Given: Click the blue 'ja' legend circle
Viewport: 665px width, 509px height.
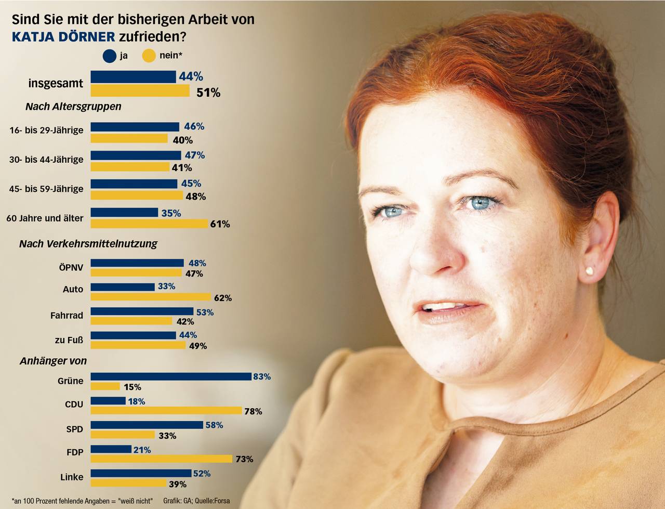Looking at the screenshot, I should pyautogui.click(x=109, y=56).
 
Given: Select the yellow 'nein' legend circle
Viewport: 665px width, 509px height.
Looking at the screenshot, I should pyautogui.click(x=149, y=56).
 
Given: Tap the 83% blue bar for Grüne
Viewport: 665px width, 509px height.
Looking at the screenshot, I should pyautogui.click(x=171, y=377).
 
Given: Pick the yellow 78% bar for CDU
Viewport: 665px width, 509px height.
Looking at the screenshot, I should pyautogui.click(x=166, y=411).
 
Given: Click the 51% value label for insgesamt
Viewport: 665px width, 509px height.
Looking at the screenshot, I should pyautogui.click(x=208, y=93).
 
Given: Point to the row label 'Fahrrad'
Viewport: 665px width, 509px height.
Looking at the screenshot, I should pyautogui.click(x=66, y=315).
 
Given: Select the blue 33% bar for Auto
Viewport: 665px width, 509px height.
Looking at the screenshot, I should pyautogui.click(x=123, y=287).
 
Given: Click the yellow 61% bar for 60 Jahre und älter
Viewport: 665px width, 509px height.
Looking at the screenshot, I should pyautogui.click(x=150, y=224).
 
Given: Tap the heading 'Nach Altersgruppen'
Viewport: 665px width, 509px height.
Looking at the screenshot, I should pyautogui.click(x=73, y=107).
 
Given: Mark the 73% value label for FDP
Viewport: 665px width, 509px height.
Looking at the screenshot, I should pyautogui.click(x=244, y=459).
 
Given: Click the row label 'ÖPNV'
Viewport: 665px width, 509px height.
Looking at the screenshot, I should pyautogui.click(x=71, y=268).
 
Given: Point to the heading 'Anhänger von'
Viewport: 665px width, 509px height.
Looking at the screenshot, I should pyautogui.click(x=53, y=361).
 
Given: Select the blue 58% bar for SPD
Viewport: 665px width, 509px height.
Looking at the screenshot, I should pyautogui.click(x=147, y=425).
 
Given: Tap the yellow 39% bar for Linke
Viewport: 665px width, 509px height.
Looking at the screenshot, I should pyautogui.click(x=128, y=484).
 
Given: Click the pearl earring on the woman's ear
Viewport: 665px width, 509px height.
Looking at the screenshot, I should pyautogui.click(x=590, y=270).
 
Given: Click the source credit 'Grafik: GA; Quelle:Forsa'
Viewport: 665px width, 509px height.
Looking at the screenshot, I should pyautogui.click(x=196, y=501).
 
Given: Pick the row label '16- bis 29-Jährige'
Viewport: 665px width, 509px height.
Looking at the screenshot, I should pyautogui.click(x=46, y=130).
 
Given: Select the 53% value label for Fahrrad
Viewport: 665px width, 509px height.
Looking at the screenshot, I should pyautogui.click(x=205, y=312).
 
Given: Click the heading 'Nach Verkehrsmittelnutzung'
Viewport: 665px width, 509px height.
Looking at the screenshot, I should pyautogui.click(x=88, y=244).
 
